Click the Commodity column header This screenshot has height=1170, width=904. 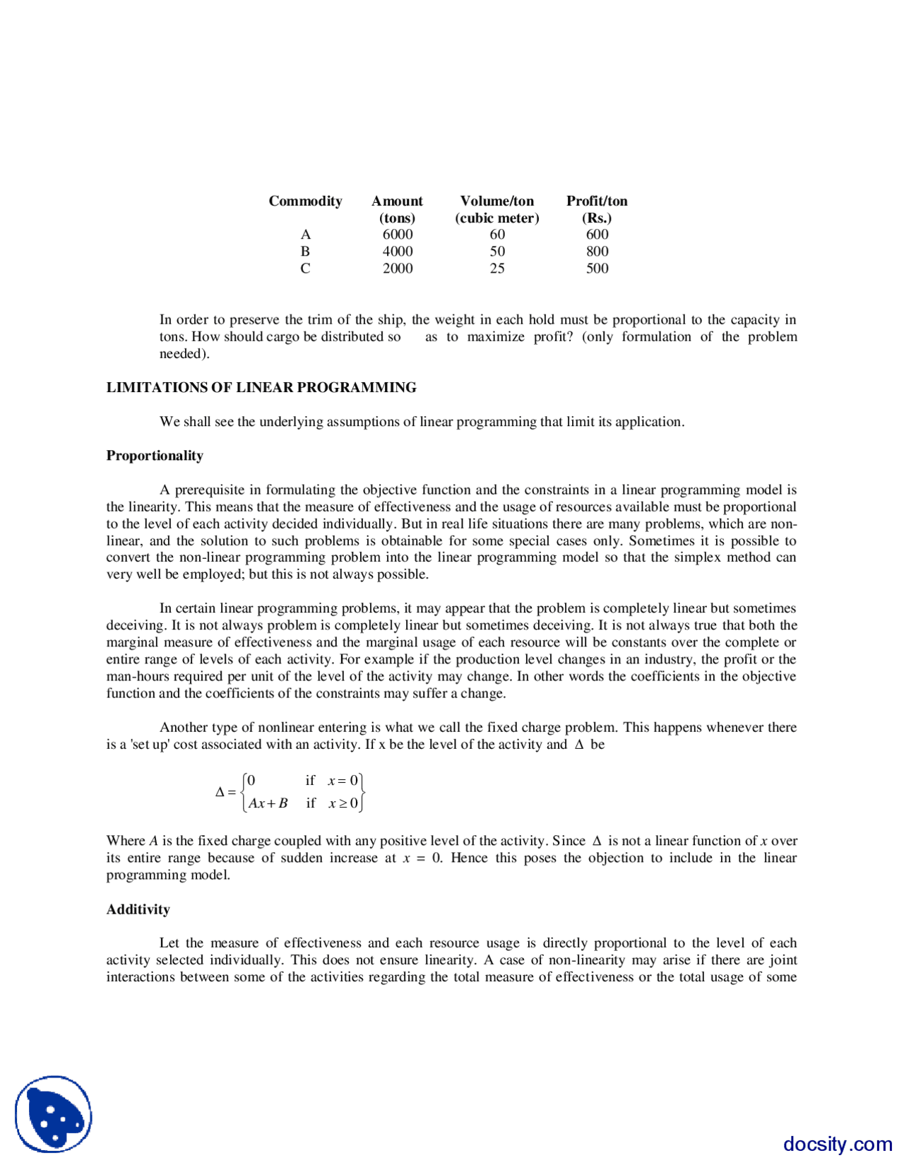(305, 201)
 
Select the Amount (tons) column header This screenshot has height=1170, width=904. (397, 209)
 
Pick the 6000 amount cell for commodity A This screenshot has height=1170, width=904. (397, 235)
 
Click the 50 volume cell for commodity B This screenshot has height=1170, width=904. (497, 252)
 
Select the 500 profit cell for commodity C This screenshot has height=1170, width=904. (597, 268)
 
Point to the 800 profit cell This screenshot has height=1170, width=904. (597, 252)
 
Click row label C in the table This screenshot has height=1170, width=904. (305, 268)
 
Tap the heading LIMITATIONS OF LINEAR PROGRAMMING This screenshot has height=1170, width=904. (261, 387)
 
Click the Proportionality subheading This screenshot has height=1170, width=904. (155, 456)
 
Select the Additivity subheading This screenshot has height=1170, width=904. (138, 909)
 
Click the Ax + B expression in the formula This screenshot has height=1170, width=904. (268, 803)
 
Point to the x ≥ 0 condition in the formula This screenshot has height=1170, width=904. (343, 803)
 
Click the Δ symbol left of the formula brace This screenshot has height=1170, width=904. (220, 792)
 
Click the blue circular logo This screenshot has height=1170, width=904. (54, 1114)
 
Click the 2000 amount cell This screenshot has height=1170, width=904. (397, 268)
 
